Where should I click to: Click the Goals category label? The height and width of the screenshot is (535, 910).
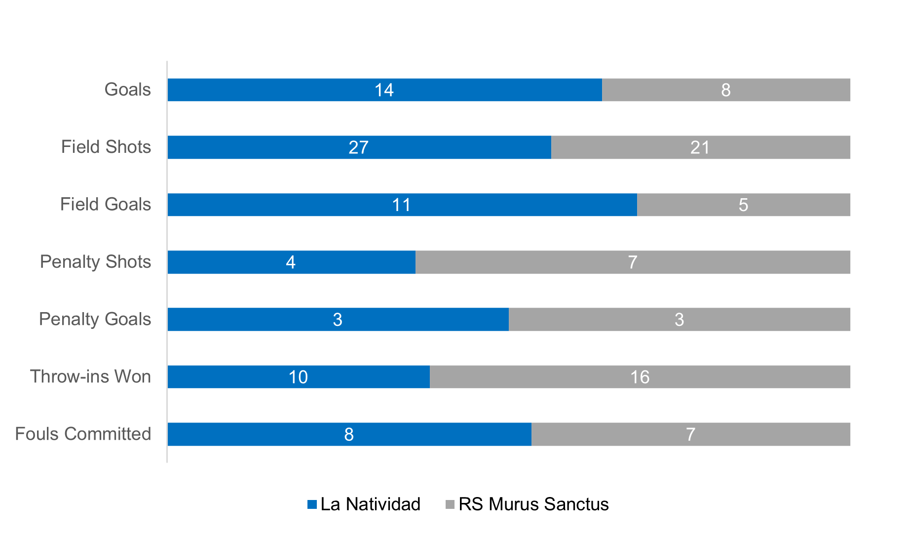point(128,90)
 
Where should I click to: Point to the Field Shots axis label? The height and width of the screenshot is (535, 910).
point(106,147)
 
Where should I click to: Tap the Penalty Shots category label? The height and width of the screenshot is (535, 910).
point(95,262)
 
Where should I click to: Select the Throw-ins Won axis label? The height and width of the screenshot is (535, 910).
point(91,377)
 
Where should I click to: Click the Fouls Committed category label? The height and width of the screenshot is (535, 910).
point(83,434)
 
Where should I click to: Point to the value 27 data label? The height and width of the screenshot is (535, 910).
point(358,147)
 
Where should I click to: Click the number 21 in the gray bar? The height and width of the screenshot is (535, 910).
point(700,147)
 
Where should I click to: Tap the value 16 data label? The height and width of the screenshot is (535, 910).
point(640,377)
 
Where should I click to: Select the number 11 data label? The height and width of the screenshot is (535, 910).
point(401,205)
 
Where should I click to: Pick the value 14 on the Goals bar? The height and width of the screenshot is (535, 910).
point(384,90)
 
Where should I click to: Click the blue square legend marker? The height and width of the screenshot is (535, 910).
point(312,504)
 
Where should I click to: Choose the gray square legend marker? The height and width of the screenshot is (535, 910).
point(450,504)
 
